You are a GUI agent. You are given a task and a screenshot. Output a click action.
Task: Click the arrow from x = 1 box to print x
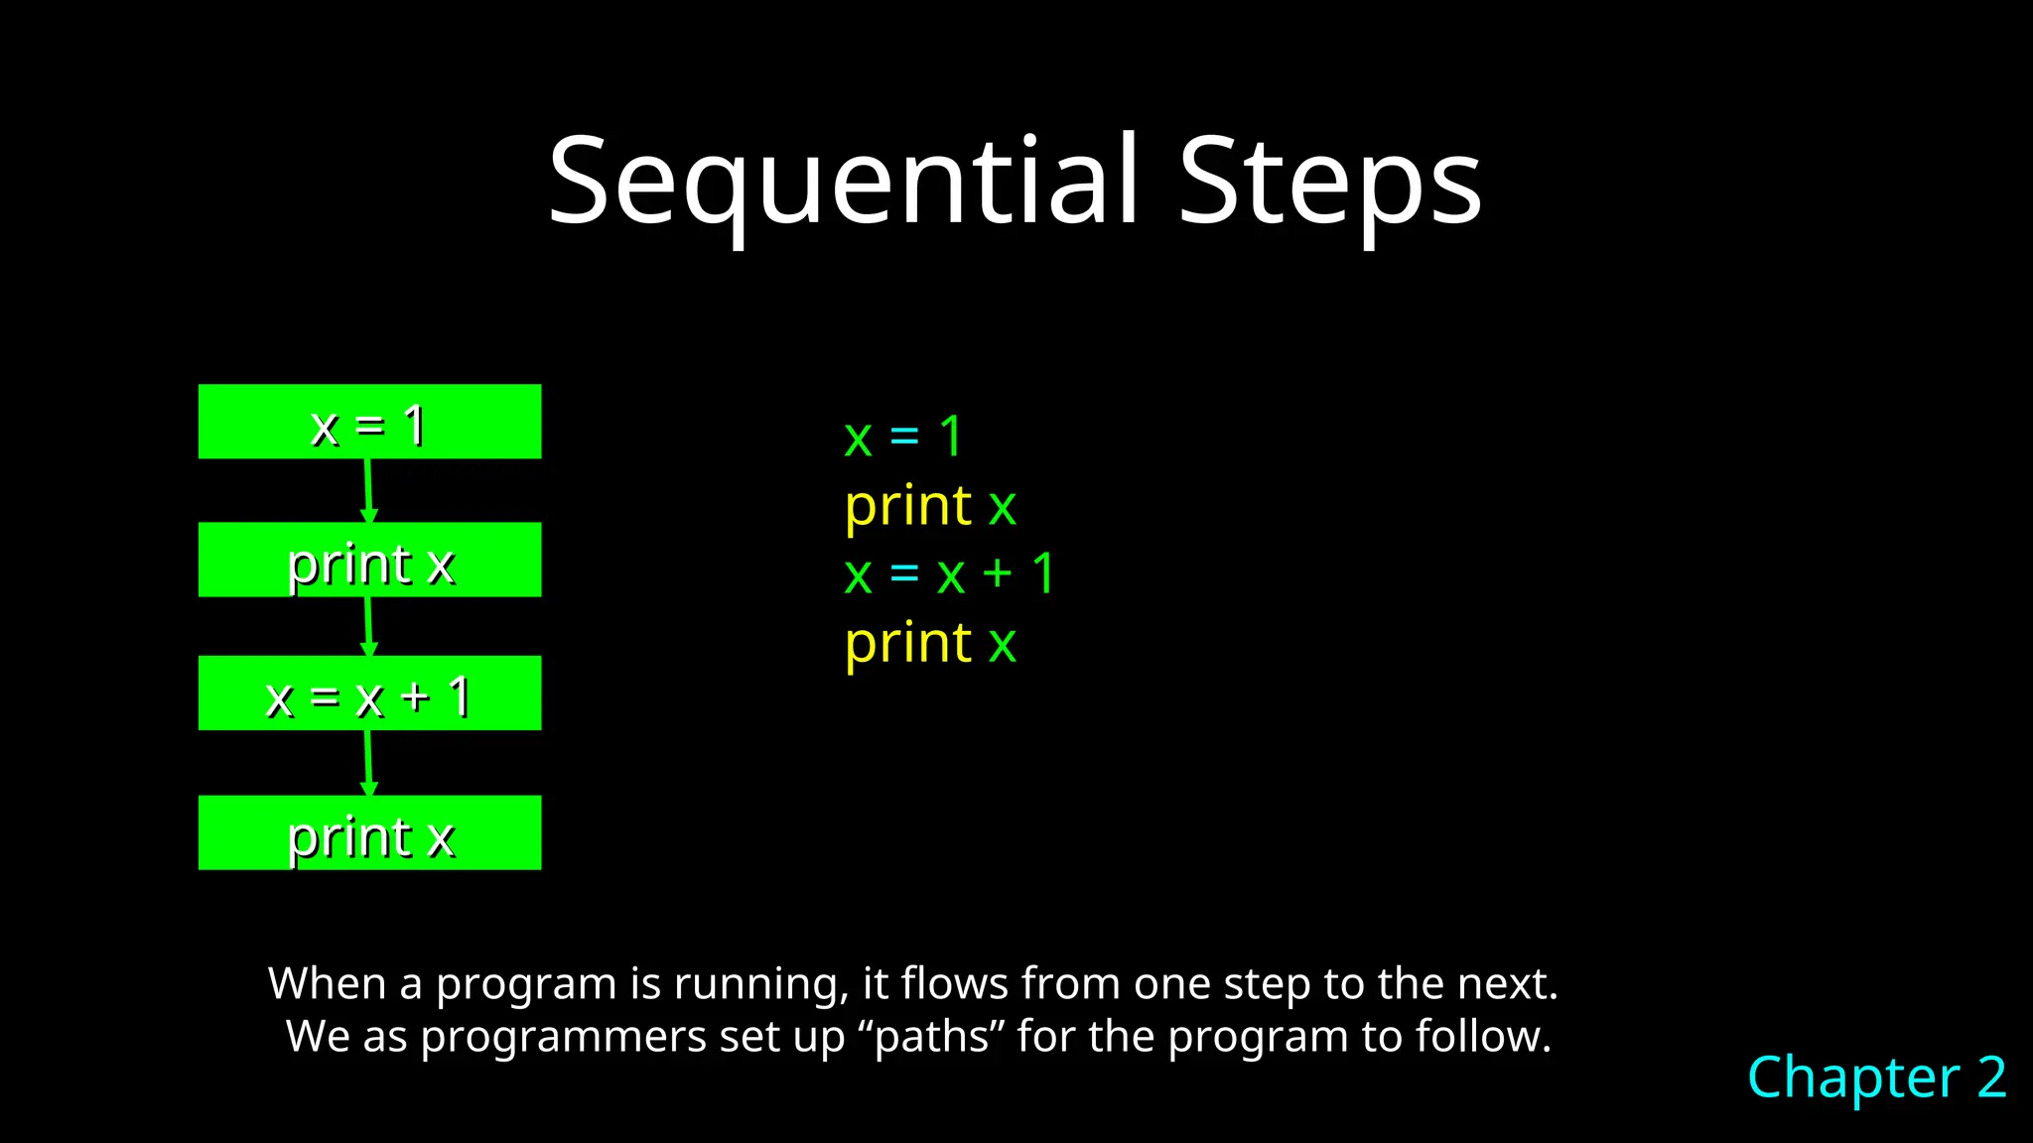(368, 490)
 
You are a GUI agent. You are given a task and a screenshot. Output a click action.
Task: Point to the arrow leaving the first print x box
(368, 625)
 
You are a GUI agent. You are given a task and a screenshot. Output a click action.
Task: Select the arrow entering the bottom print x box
(368, 762)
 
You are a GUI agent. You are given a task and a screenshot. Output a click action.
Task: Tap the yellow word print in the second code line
(907, 506)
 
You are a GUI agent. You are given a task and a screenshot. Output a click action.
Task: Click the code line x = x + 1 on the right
(948, 574)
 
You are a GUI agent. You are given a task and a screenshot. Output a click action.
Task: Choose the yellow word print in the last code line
(907, 643)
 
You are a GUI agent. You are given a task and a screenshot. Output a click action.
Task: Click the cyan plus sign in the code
(997, 574)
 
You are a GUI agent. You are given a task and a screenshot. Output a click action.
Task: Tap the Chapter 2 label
(1876, 1077)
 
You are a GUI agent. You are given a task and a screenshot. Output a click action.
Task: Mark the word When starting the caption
(327, 984)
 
